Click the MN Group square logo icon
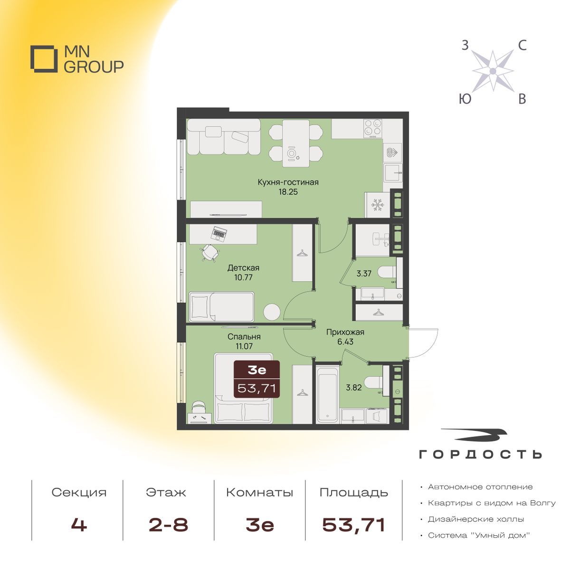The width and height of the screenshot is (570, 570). pos(44,59)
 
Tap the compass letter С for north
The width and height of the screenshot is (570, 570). pos(522,46)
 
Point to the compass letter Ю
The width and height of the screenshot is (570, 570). pos(465,99)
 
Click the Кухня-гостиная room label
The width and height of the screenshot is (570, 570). pos(288,182)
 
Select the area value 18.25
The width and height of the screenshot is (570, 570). pos(288,192)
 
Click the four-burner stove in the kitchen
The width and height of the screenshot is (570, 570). pos(373,128)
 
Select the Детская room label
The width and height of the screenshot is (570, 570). pos(243,268)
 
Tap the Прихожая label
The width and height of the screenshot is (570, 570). pos(345,332)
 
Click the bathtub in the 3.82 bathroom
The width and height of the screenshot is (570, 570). pos(327,395)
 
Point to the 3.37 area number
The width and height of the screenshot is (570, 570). pos(363,274)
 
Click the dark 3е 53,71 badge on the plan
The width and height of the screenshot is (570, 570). pos(257,379)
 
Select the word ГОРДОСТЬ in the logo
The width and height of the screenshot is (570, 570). pos(480,455)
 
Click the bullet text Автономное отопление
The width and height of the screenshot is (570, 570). pos(480,487)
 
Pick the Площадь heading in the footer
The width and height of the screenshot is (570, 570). pos(354,493)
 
